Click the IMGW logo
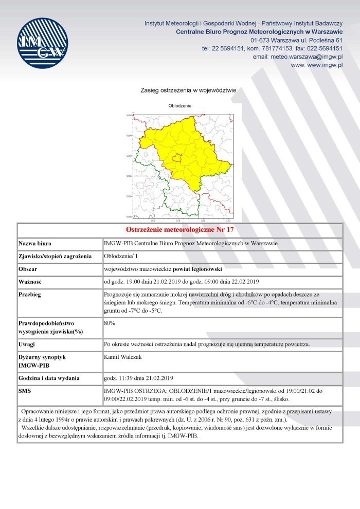[42, 43]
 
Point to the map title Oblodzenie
[179, 105]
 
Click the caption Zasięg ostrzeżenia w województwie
[188, 90]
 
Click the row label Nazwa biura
[35, 243]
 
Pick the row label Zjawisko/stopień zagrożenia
[55, 256]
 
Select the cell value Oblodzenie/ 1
[121, 256]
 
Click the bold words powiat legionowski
[200, 269]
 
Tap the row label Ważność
[30, 282]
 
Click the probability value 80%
[110, 323]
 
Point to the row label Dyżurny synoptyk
[42, 356]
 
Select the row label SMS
[25, 391]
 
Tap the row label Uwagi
[27, 344]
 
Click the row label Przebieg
[30, 295]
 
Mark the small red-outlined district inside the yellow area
[177, 158]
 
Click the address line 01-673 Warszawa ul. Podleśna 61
[297, 40]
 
